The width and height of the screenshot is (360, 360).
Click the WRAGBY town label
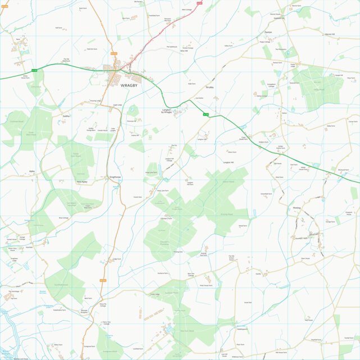click(x=132, y=85)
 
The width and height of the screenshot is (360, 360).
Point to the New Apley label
click(x=83, y=181)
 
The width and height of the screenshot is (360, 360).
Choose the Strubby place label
click(x=210, y=88)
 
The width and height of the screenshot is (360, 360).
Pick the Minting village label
click(x=298, y=208)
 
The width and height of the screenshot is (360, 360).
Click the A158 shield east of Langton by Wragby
click(x=206, y=115)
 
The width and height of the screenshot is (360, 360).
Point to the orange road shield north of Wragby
click(x=114, y=53)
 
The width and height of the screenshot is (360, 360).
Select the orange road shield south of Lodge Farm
click(x=103, y=280)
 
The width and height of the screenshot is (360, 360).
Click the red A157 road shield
click(x=207, y=3)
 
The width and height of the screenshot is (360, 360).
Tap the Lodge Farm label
click(x=117, y=259)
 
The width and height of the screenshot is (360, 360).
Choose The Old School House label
click(x=232, y=258)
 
